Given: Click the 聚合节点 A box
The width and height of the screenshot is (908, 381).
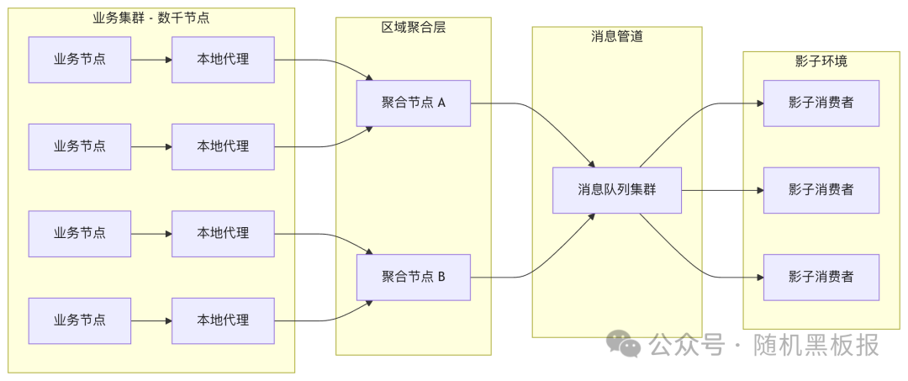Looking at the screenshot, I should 413,103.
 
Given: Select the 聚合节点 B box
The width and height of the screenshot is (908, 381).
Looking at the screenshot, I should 413,277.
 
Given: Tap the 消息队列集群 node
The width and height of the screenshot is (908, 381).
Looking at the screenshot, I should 616,190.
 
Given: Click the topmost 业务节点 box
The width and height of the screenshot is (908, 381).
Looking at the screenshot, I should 80,60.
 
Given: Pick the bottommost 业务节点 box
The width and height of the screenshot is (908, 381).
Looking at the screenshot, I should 80,320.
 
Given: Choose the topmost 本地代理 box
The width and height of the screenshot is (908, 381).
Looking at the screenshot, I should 223,60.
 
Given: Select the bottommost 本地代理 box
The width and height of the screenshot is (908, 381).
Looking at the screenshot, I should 223,320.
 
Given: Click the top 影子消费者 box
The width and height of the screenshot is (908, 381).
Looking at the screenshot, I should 821,103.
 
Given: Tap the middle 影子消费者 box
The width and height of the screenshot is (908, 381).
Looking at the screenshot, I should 821,190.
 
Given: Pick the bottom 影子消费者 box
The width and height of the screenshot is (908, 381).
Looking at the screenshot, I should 821,277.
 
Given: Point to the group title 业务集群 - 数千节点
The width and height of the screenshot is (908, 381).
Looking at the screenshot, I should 150,18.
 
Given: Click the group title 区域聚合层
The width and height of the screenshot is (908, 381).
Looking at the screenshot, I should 413,27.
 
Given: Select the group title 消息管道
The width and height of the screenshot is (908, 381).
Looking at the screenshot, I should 616,36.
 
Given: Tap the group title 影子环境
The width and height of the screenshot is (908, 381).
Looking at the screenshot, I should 821,61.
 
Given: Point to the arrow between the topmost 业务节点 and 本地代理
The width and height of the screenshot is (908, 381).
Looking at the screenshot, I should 151,60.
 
